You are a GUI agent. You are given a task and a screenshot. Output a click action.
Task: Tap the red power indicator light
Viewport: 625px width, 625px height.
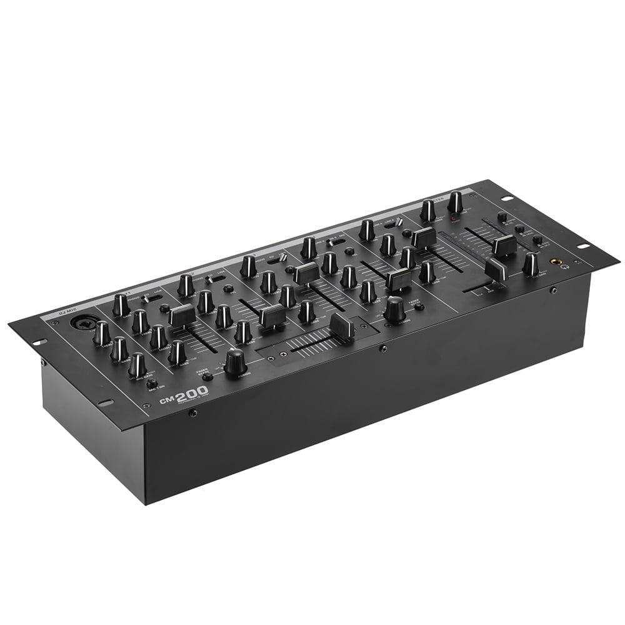[454, 219]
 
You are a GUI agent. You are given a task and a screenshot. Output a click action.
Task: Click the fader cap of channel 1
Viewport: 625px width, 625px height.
[182, 314]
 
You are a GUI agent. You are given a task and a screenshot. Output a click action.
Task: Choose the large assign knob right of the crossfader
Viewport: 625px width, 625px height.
[394, 309]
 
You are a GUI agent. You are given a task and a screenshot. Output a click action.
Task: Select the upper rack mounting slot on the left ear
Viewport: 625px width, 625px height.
[38, 342]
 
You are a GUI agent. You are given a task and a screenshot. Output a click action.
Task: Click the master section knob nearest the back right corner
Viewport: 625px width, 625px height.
[455, 201]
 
